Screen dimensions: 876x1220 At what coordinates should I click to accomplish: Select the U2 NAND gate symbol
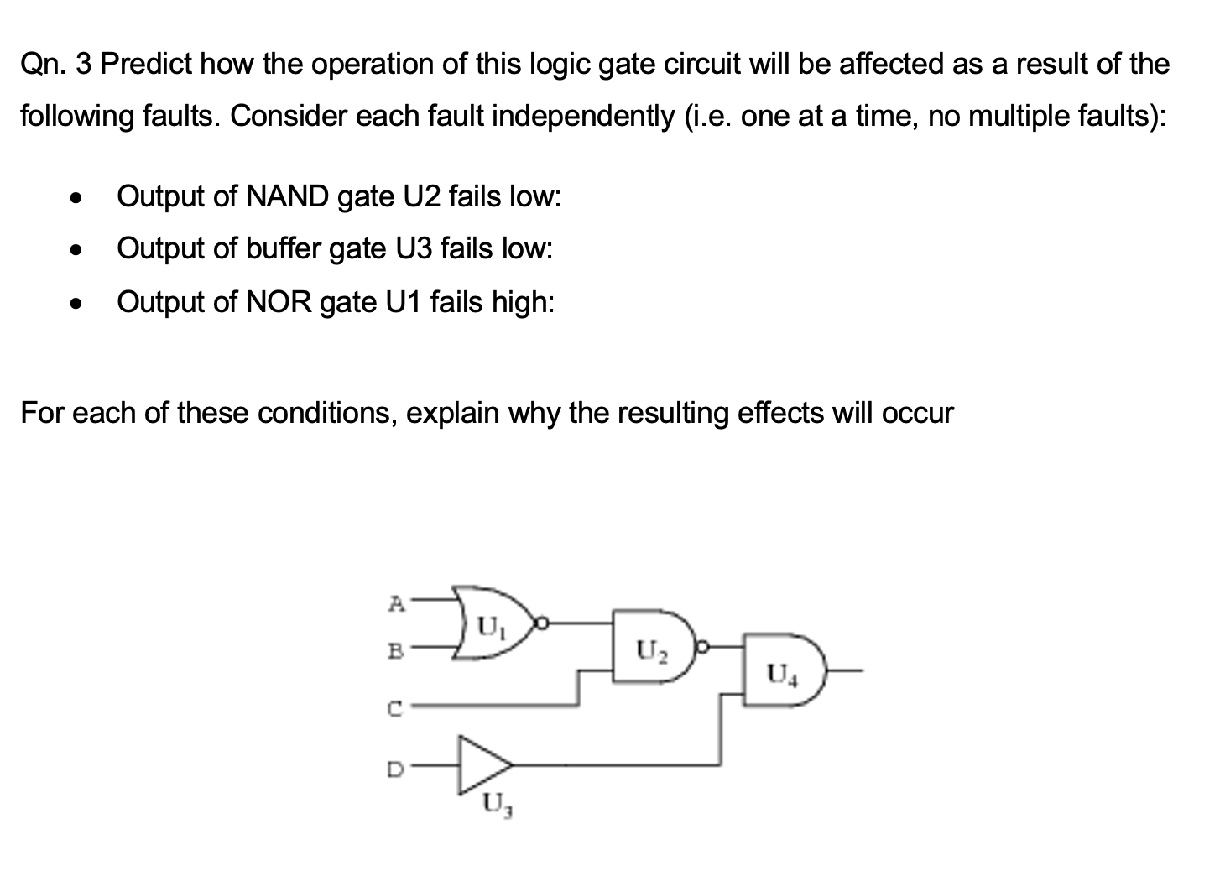[x=650, y=648]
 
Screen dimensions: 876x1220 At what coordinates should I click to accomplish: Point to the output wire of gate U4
[x=844, y=671]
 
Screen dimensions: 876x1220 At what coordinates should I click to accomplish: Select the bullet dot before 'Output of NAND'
[x=77, y=199]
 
